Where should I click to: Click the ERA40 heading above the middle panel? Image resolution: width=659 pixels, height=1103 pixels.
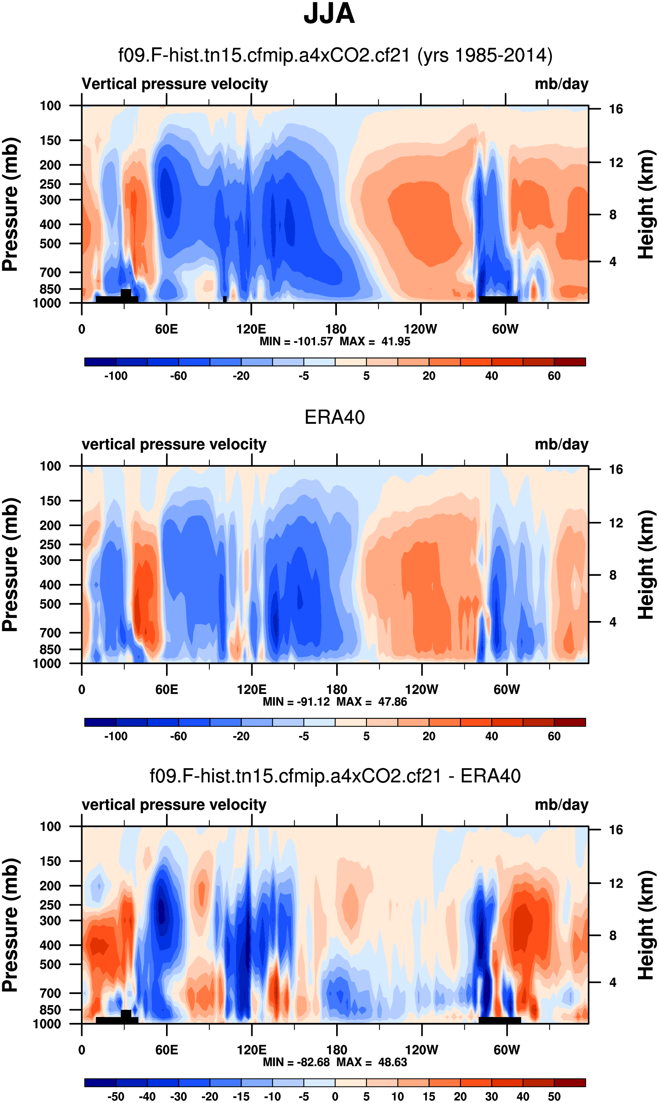(x=334, y=417)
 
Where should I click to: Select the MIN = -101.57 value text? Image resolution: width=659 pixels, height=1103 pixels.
(x=296, y=341)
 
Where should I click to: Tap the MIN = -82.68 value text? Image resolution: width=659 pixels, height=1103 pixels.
(x=296, y=1062)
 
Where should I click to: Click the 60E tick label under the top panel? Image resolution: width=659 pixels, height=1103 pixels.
(x=166, y=329)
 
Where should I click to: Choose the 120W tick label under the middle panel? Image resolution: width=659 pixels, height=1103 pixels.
(x=421, y=690)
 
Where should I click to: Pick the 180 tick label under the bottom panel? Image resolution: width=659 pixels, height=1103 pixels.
(x=337, y=1050)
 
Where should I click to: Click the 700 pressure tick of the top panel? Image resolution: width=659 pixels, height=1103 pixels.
(x=50, y=272)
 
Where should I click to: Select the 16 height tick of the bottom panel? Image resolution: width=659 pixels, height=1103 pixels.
(x=616, y=830)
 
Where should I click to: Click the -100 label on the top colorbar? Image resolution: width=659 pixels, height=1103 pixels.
(x=116, y=376)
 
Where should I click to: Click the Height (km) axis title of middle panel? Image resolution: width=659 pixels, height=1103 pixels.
(x=646, y=565)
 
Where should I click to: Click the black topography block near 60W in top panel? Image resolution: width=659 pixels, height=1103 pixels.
(x=498, y=300)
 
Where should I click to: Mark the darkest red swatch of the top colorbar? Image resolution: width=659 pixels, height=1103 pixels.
(x=570, y=361)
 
